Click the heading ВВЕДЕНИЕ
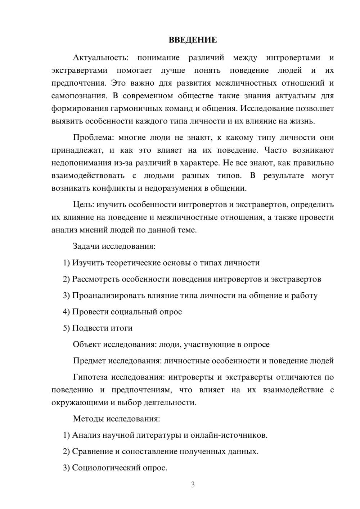pyautogui.click(x=193, y=40)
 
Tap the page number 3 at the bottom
pyautogui.click(x=193, y=485)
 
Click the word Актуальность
pyautogui.click(x=100, y=58)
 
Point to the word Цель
pyautogui.click(x=83, y=204)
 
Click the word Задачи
pyautogui.click(x=86, y=246)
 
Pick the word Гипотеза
pyautogui.click(x=90, y=377)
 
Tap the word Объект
pyautogui.click(x=87, y=344)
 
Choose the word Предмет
pyautogui.click(x=89, y=360)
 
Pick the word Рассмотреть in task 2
pyautogui.click(x=95, y=279)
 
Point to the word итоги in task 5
pyautogui.click(x=122, y=328)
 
